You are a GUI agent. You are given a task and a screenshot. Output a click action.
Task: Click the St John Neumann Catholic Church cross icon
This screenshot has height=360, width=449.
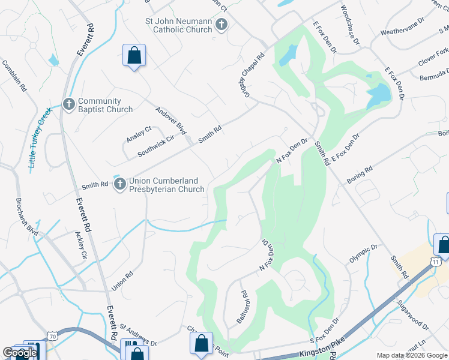(x=221, y=25)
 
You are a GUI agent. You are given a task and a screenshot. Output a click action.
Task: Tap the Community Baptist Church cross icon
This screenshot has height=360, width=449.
(x=68, y=105)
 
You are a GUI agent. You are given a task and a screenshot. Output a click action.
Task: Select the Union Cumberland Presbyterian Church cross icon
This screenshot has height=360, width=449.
(x=119, y=184)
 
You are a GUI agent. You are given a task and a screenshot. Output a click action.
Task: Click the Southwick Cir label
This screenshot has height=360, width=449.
(x=155, y=146)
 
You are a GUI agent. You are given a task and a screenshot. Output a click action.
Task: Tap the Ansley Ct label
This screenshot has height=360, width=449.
(x=139, y=134)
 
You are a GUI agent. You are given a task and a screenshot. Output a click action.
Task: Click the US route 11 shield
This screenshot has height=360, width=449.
(x=436, y=262)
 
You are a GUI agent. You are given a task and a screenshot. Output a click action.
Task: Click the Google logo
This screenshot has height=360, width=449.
(x=20, y=353)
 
